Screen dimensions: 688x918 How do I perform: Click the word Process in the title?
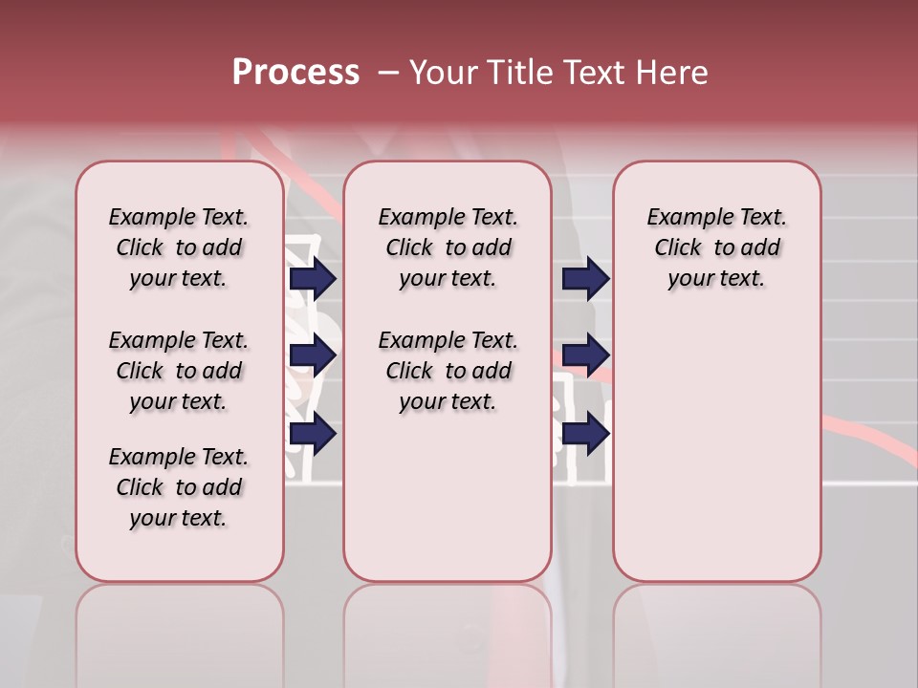click(295, 72)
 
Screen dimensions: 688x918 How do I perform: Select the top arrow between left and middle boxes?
click(313, 278)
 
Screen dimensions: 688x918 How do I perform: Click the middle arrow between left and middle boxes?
click(313, 355)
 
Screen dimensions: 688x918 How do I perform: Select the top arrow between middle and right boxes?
click(585, 278)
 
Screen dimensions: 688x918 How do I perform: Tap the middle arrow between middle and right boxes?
click(585, 355)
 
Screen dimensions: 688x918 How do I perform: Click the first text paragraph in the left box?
click(179, 247)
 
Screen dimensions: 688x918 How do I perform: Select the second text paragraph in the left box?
click(179, 371)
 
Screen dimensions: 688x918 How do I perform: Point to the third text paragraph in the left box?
click(179, 487)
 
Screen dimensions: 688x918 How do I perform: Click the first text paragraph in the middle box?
click(448, 247)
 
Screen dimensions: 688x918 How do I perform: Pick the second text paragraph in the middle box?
click(448, 371)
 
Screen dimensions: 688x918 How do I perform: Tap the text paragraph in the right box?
click(716, 247)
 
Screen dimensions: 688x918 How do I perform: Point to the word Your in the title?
click(443, 73)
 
